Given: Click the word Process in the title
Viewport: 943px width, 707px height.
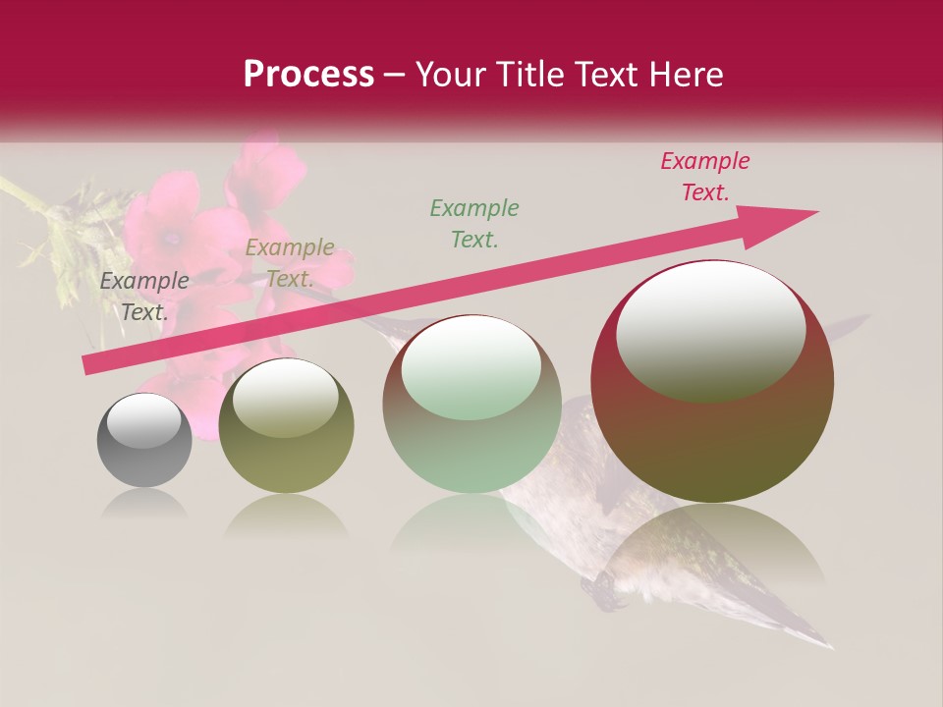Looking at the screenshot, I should (308, 75).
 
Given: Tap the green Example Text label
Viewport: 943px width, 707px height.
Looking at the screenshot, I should (474, 223).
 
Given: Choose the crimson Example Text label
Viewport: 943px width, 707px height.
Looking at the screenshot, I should (705, 177).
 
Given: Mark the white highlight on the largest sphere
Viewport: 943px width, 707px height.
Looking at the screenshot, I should (710, 329).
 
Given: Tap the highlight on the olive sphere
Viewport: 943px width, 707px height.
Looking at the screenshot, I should (285, 399).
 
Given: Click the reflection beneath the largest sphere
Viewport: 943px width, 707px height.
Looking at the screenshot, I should (712, 550).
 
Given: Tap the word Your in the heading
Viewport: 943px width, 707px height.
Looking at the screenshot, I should (446, 75).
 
